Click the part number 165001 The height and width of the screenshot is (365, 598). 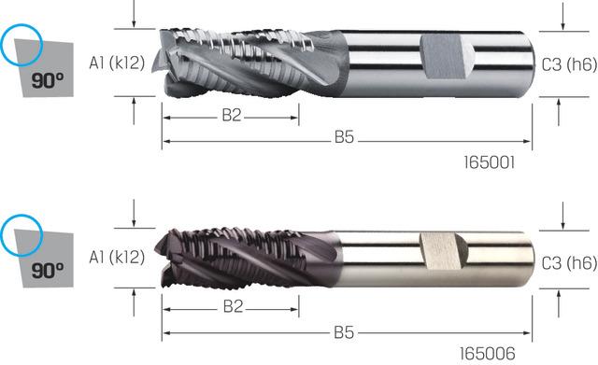490,162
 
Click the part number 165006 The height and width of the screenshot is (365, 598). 488,354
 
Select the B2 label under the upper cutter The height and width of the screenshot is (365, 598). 232,115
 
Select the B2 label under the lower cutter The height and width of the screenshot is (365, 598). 233,306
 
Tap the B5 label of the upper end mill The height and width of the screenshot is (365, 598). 344,137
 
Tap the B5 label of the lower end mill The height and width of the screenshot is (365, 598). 344,332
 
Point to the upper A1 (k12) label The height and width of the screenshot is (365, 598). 117,63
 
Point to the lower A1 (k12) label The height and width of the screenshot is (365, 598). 117,257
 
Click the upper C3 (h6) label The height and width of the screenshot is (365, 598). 569,65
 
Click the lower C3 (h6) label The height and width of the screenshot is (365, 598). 569,263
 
